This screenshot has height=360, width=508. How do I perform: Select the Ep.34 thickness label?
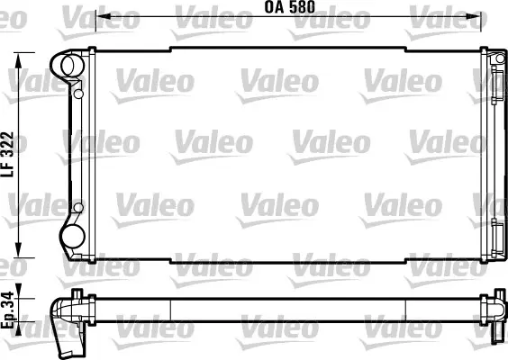[9, 310]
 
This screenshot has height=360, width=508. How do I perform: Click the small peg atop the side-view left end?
[77, 292]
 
